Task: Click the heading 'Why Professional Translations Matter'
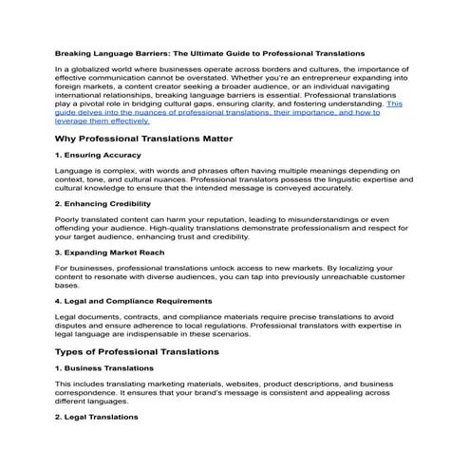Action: point(152,138)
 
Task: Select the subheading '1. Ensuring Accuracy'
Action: point(99,155)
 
